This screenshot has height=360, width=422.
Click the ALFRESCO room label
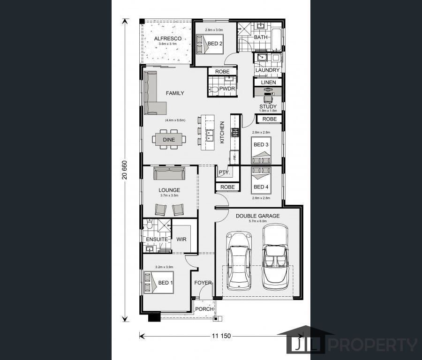click(x=168, y=39)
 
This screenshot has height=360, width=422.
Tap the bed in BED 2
click(x=210, y=44)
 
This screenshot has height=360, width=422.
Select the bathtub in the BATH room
click(x=276, y=39)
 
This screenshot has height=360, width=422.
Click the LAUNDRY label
click(x=267, y=70)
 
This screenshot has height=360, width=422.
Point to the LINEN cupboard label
click(x=268, y=82)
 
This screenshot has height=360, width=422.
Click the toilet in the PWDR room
click(x=214, y=90)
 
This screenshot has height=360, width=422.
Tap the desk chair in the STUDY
click(x=268, y=99)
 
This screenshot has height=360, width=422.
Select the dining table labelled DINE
click(x=169, y=139)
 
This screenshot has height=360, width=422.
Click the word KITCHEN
click(x=222, y=132)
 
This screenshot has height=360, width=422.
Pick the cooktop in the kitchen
click(x=235, y=132)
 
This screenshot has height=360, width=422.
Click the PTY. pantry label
click(x=224, y=172)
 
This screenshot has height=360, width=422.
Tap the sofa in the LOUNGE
click(x=169, y=173)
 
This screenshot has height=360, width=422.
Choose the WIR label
click(x=181, y=239)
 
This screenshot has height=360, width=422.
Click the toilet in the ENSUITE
click(x=150, y=224)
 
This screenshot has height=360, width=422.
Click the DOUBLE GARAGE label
click(x=257, y=216)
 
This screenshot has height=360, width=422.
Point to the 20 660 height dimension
click(x=124, y=170)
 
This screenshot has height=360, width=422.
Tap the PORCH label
click(x=204, y=309)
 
